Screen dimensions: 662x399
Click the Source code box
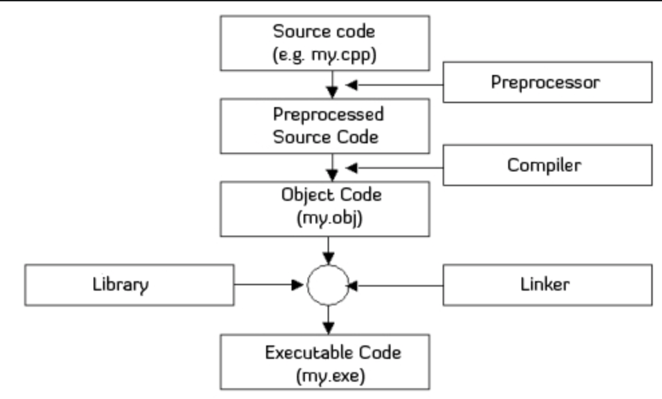pos(325,43)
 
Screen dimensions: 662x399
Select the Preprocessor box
pos(548,82)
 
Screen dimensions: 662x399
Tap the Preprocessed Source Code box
pos(325,126)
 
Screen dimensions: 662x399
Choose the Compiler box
pos(548,165)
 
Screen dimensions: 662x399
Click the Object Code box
pos(325,209)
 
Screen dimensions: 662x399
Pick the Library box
pos(129,285)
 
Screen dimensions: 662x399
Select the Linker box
pos(548,285)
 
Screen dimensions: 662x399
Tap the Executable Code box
pos(325,362)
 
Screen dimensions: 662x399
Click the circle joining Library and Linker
pos(328,265)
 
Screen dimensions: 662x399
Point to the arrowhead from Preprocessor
pos(352,85)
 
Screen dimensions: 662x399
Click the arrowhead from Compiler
pos(352,168)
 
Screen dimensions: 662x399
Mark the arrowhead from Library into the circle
pos(298,285)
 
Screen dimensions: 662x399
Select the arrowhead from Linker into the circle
pos(352,286)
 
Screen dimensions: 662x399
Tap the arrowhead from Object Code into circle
pos(328,258)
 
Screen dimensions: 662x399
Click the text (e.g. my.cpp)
pos(324,55)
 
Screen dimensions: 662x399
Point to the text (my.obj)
pos(329,218)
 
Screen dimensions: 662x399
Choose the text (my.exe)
pos(330,376)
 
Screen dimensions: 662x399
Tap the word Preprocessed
pos(328,114)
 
